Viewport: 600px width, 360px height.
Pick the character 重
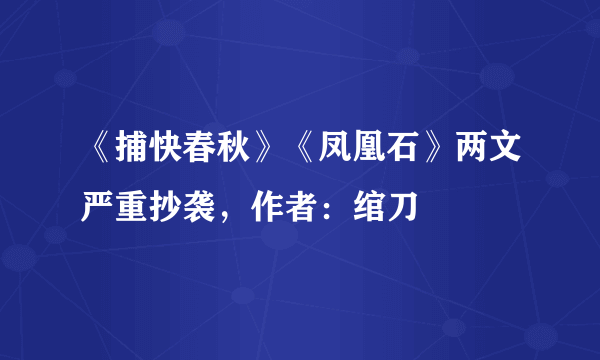tap(130, 207)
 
